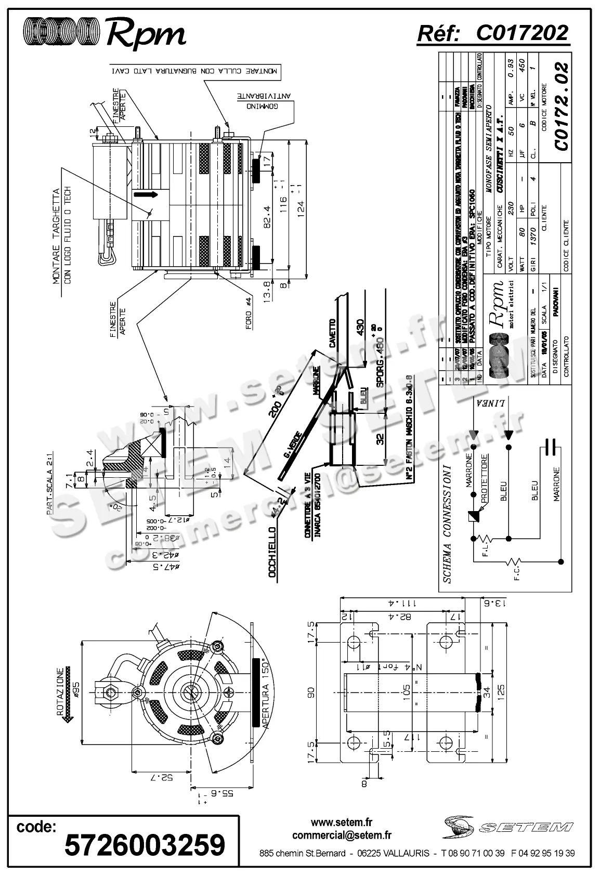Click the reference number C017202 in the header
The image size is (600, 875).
tap(522, 33)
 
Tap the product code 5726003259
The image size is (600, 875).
tap(145, 844)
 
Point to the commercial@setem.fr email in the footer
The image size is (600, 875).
tap(342, 835)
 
